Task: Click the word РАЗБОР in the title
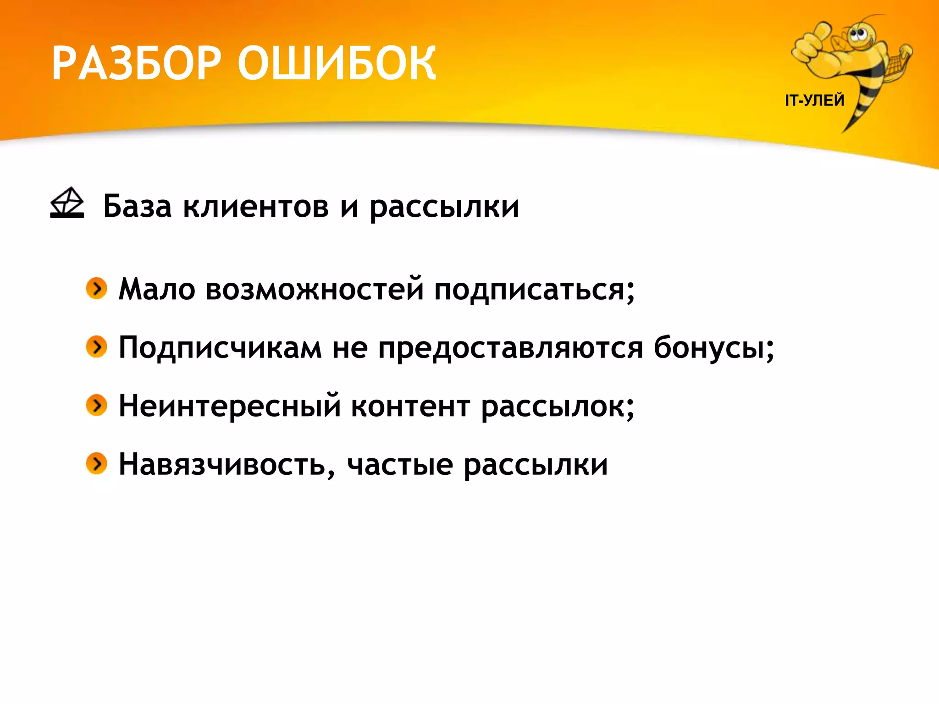coord(137,64)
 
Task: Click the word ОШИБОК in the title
coord(337,64)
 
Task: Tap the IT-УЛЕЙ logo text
coord(814,100)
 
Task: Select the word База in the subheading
coord(137,206)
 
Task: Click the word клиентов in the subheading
coord(256,206)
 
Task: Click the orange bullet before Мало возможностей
coord(96,288)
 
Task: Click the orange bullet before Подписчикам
coord(96,346)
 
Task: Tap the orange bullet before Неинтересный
coord(96,405)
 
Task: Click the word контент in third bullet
coord(410,407)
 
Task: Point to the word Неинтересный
coord(230,407)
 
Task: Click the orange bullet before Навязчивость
coord(96,463)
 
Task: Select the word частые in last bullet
coord(400,465)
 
